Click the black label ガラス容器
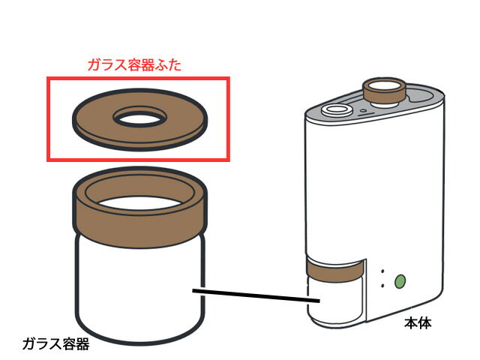click(x=55, y=344)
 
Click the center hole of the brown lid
click(x=138, y=118)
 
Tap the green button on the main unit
click(x=400, y=281)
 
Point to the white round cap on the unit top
click(x=334, y=109)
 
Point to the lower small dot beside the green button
click(x=382, y=286)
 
